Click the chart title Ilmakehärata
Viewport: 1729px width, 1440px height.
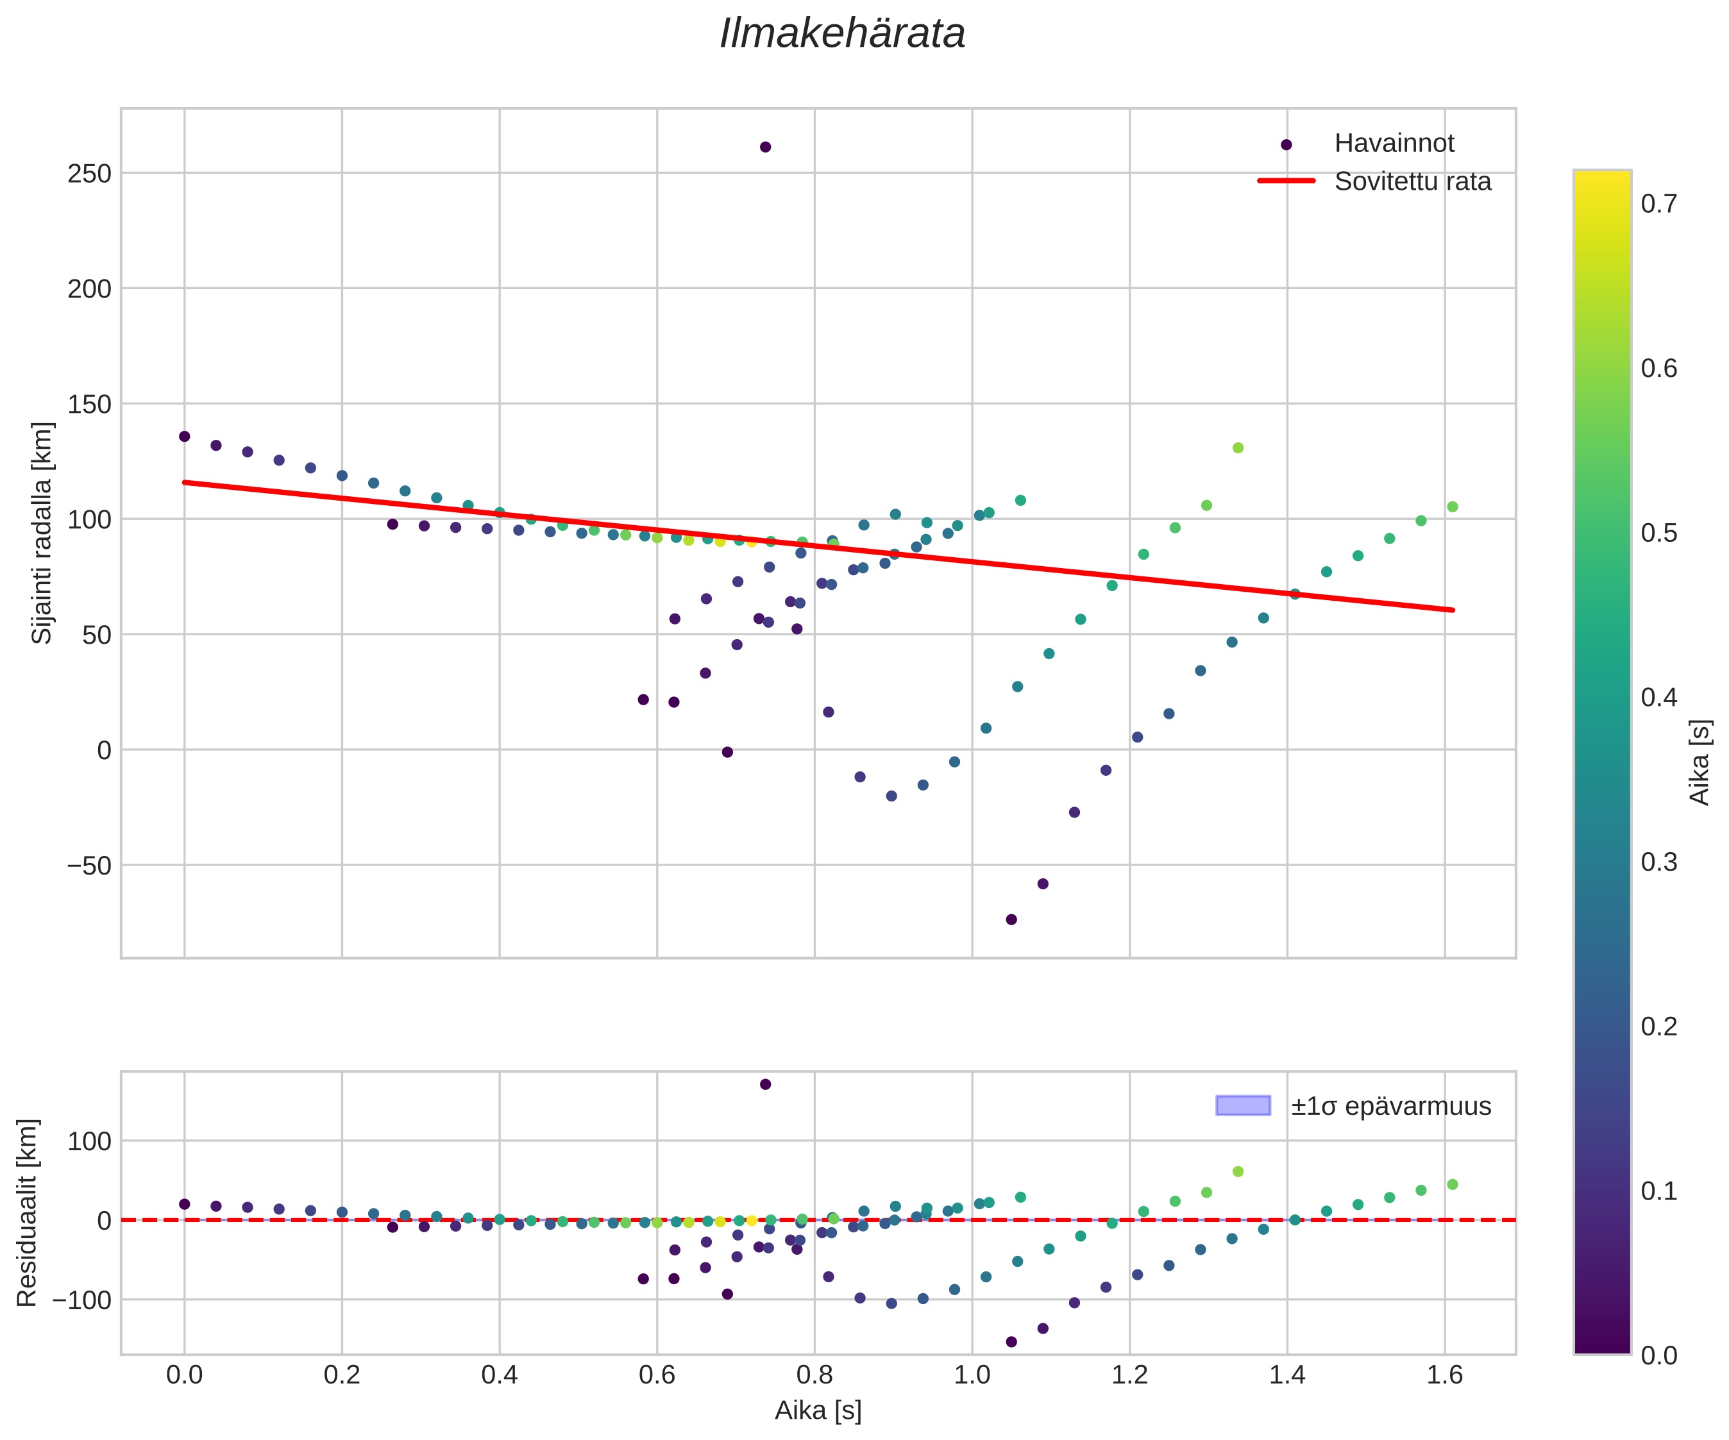click(842, 35)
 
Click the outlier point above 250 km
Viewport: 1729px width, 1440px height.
click(765, 147)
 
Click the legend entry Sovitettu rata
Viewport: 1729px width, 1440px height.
click(1412, 182)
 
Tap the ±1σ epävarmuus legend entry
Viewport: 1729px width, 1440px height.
click(1390, 1107)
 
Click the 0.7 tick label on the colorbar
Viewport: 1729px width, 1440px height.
click(1659, 203)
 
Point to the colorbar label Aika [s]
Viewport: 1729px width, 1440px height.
click(1700, 762)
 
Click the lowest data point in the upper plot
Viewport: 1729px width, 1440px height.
click(1011, 919)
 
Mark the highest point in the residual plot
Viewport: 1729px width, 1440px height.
click(765, 1084)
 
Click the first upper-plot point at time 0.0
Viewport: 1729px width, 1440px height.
click(185, 437)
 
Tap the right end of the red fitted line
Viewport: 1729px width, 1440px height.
click(1453, 610)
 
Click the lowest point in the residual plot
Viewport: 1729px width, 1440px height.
click(1011, 1342)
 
